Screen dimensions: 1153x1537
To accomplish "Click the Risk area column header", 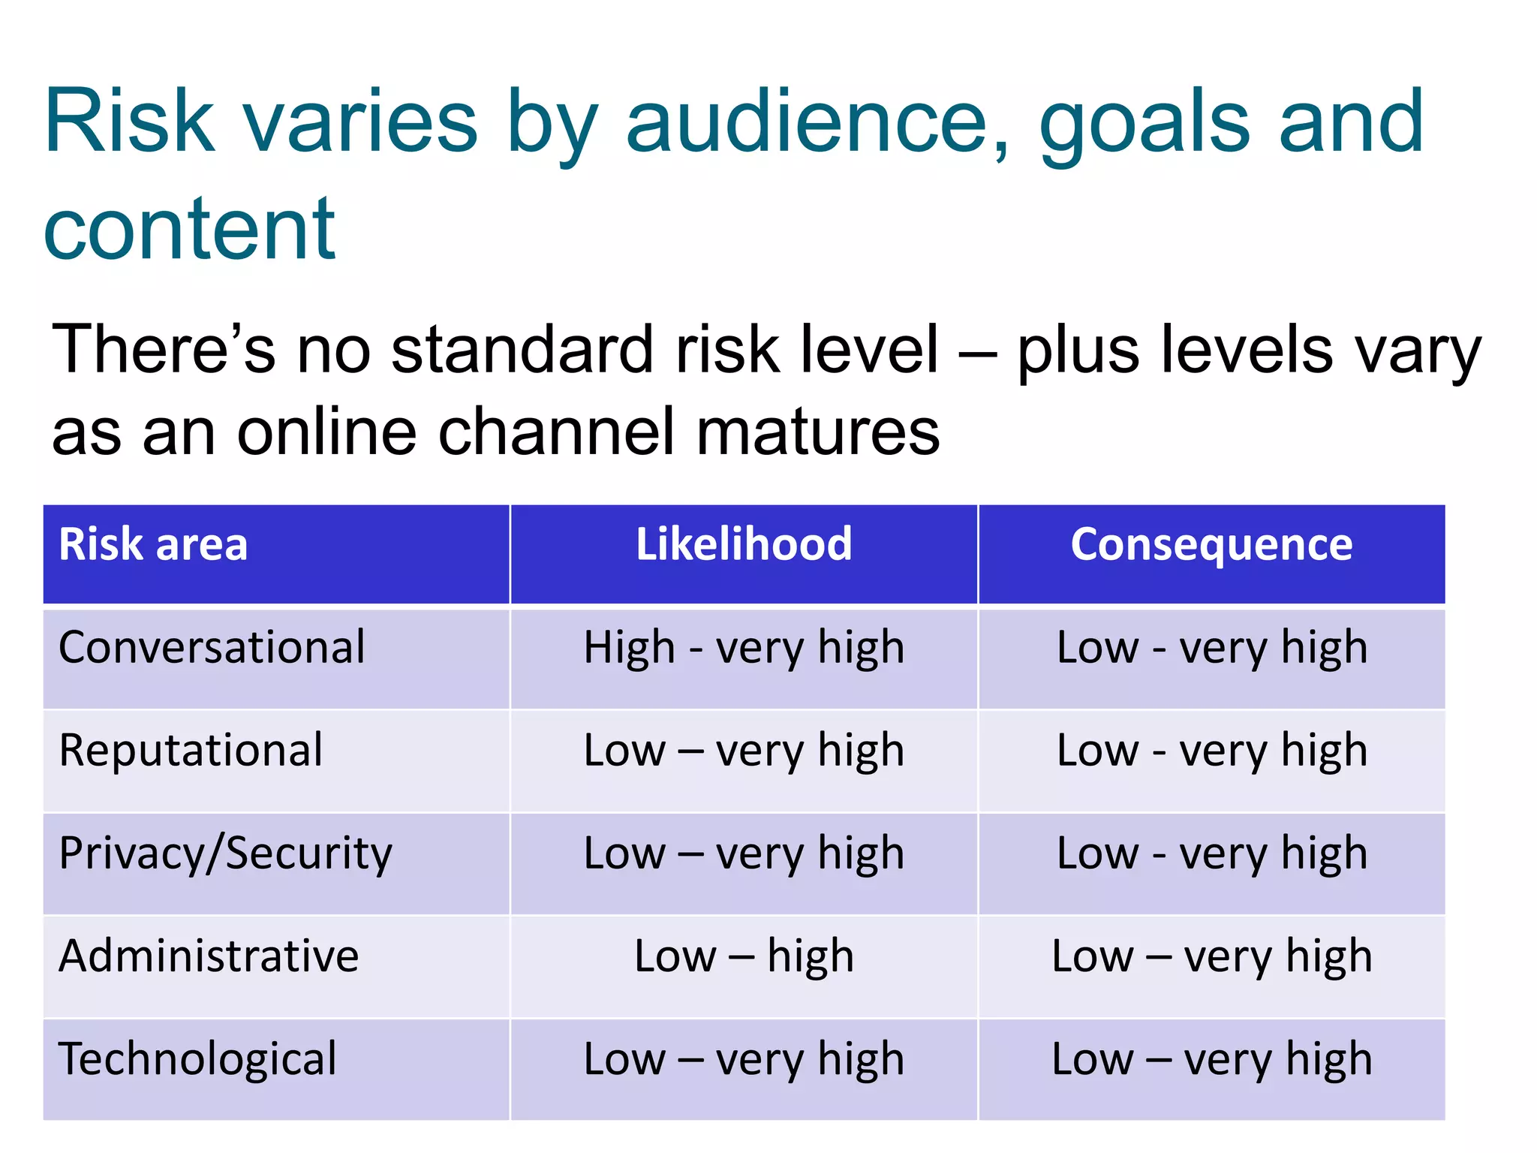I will (153, 544).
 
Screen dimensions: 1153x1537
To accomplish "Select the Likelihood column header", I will (744, 544).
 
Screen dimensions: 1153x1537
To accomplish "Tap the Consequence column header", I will (1211, 544).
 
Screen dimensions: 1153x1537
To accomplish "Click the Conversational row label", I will (212, 647).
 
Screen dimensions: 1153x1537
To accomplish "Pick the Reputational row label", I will (191, 750).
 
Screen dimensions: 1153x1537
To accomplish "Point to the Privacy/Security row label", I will (225, 853).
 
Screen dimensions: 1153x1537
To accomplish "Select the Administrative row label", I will (209, 956).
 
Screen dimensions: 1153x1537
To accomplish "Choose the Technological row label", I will (197, 1059).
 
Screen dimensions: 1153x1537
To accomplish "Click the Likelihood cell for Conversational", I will (744, 648).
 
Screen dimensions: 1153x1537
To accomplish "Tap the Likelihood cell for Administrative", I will (744, 956).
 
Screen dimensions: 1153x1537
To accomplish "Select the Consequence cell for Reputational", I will (1211, 751).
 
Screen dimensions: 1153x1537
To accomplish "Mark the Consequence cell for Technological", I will (1211, 1059).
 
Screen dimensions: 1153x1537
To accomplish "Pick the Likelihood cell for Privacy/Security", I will (744, 853).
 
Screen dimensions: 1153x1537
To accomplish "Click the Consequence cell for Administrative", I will (1211, 956).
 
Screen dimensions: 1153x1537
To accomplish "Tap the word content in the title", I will (189, 229).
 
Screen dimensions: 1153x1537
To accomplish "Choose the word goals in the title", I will (1145, 124).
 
